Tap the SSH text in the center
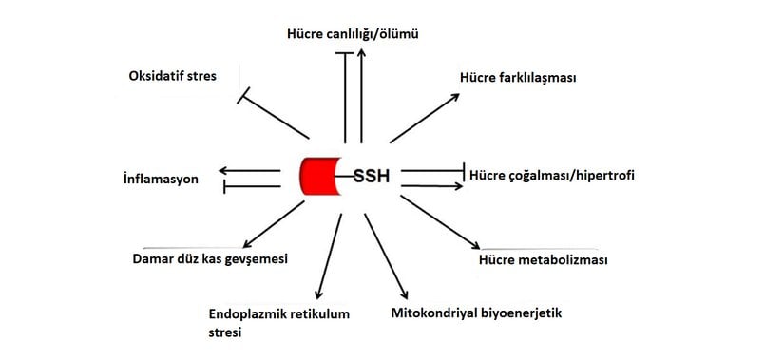(x=372, y=177)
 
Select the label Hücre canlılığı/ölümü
(x=353, y=35)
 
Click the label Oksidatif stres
(x=174, y=75)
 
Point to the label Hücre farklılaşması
(x=518, y=78)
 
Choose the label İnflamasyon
(x=161, y=179)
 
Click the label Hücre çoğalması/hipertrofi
(x=551, y=176)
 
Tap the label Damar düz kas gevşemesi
(x=210, y=258)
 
